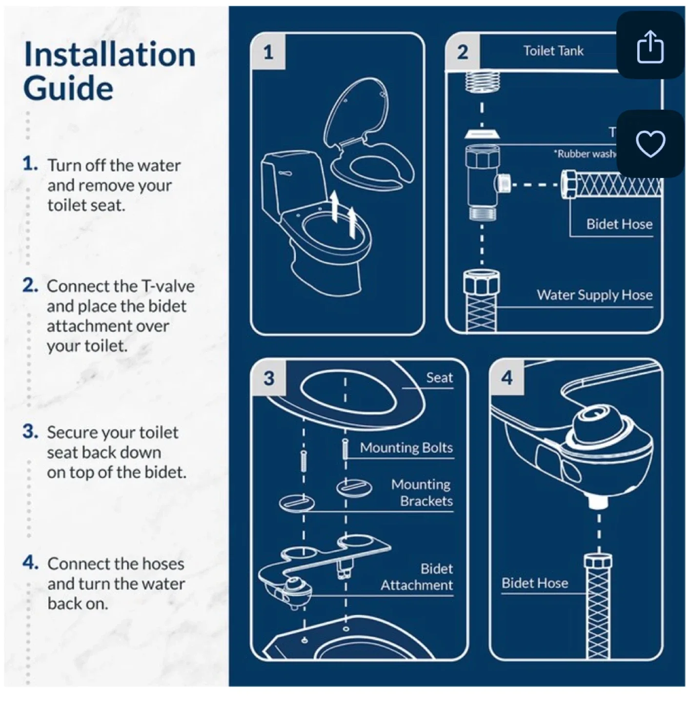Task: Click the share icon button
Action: [x=650, y=46]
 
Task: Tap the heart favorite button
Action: [x=650, y=144]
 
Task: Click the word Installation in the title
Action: [x=110, y=54]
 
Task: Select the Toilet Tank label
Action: [x=553, y=51]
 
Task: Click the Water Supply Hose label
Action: [x=594, y=295]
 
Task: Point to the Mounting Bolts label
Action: [x=406, y=448]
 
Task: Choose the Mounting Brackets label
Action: [x=422, y=492]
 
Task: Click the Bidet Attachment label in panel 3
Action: [x=417, y=577]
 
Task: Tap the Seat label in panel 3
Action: [x=439, y=377]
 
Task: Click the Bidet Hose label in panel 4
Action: [x=534, y=583]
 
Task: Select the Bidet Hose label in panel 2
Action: [x=619, y=224]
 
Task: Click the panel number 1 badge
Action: [x=268, y=52]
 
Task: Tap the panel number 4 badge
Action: [x=507, y=378]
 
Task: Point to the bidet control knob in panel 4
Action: [x=593, y=424]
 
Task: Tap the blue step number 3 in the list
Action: [x=30, y=431]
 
